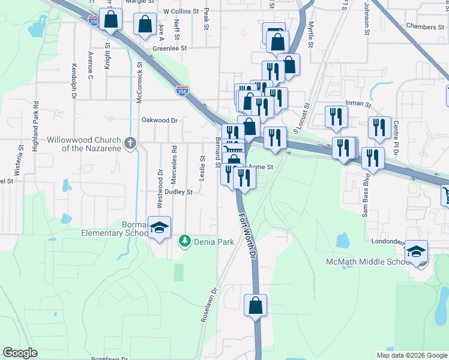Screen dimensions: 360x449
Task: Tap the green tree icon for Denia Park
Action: click(x=185, y=241)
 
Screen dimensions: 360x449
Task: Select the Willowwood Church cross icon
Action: click(x=130, y=143)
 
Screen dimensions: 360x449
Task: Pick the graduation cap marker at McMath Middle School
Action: click(x=416, y=251)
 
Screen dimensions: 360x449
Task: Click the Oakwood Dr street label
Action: click(x=160, y=120)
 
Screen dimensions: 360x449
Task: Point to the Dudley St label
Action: click(x=179, y=193)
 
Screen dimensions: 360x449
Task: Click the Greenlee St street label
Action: click(x=170, y=47)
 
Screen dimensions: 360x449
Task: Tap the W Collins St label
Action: click(x=181, y=11)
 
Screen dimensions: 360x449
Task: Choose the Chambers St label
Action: click(x=424, y=26)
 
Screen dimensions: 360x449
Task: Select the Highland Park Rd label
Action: click(x=35, y=126)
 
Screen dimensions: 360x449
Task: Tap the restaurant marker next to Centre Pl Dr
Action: click(x=379, y=127)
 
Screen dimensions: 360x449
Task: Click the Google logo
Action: click(x=20, y=353)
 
